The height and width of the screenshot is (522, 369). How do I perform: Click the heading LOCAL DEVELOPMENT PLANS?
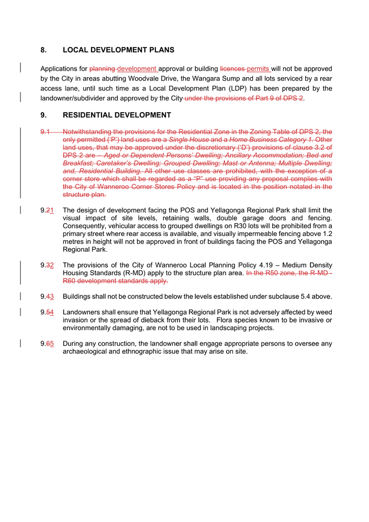pyautogui.click(x=118, y=50)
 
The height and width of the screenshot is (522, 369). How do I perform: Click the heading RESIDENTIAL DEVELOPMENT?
pyautogui.click(x=117, y=115)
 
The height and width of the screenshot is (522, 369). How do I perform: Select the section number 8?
pyautogui.click(x=43, y=50)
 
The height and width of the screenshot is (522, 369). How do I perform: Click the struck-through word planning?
pyautogui.click(x=103, y=69)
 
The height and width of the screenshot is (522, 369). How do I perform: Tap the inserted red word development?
pyautogui.click(x=137, y=69)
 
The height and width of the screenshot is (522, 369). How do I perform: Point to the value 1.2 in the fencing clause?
pyautogui.click(x=327, y=234)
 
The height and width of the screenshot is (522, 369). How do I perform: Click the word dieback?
pyautogui.click(x=140, y=320)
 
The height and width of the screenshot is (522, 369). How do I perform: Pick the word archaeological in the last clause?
pyautogui.click(x=86, y=351)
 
